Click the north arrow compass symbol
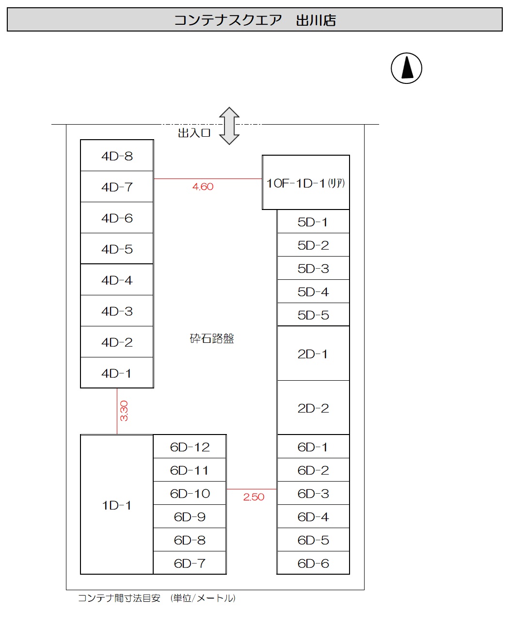(406, 68)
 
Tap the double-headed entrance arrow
(229, 126)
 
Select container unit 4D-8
(117, 156)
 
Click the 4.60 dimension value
(203, 187)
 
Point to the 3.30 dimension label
(124, 411)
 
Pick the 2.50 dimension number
(254, 497)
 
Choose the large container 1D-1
(117, 505)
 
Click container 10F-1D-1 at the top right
(305, 183)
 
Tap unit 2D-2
(313, 408)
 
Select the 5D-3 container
(313, 268)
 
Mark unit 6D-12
(190, 447)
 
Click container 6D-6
(313, 563)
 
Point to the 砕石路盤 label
(212, 338)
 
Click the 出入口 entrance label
(194, 133)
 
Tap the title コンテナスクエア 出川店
(255, 20)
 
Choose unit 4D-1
(117, 373)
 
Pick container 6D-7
(190, 563)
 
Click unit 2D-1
(313, 354)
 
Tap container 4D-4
(117, 280)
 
